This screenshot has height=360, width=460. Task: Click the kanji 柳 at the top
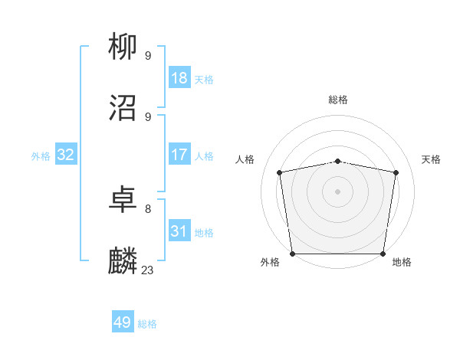click(x=123, y=47)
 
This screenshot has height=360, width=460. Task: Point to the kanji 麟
click(x=123, y=261)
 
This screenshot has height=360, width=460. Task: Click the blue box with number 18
click(x=179, y=77)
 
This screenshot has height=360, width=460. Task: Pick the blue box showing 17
click(x=179, y=155)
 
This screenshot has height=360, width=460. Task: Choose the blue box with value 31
click(x=179, y=231)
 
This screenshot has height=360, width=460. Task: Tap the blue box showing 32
click(x=66, y=155)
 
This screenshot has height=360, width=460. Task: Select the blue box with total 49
click(x=123, y=322)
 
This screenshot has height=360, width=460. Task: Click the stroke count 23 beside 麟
click(x=148, y=270)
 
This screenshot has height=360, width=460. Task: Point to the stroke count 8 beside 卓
click(x=147, y=208)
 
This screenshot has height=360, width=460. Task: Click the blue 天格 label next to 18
click(x=204, y=79)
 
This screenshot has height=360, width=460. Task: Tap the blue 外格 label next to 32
click(x=41, y=155)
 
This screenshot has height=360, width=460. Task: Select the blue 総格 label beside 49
click(x=147, y=324)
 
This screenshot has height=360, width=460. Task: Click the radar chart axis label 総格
click(x=338, y=100)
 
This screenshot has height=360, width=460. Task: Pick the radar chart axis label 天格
click(x=431, y=159)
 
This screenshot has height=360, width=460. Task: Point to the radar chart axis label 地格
click(x=402, y=262)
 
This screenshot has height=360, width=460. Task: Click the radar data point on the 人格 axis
click(x=280, y=172)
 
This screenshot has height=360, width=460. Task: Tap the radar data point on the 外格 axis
click(x=292, y=254)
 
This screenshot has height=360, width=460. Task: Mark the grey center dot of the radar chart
click(x=338, y=191)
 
